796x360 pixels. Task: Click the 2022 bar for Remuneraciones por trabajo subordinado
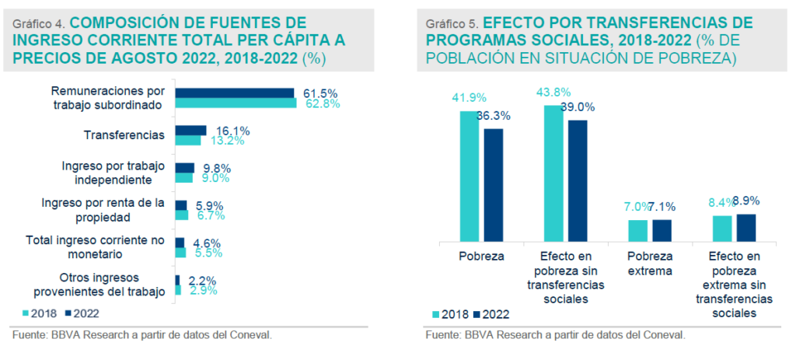234,93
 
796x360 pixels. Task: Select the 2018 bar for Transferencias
187,141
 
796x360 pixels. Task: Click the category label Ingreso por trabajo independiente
113,173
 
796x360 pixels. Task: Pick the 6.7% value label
210,215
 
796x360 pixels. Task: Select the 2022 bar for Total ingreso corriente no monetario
180,243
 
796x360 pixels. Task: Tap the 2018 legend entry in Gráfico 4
38,313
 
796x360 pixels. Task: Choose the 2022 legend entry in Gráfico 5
490,314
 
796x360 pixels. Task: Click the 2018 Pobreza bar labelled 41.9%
470,177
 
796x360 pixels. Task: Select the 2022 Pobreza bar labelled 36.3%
494,185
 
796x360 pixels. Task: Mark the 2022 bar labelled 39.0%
578,181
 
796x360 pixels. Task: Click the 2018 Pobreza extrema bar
637,231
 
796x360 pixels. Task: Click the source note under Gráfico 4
142,335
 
